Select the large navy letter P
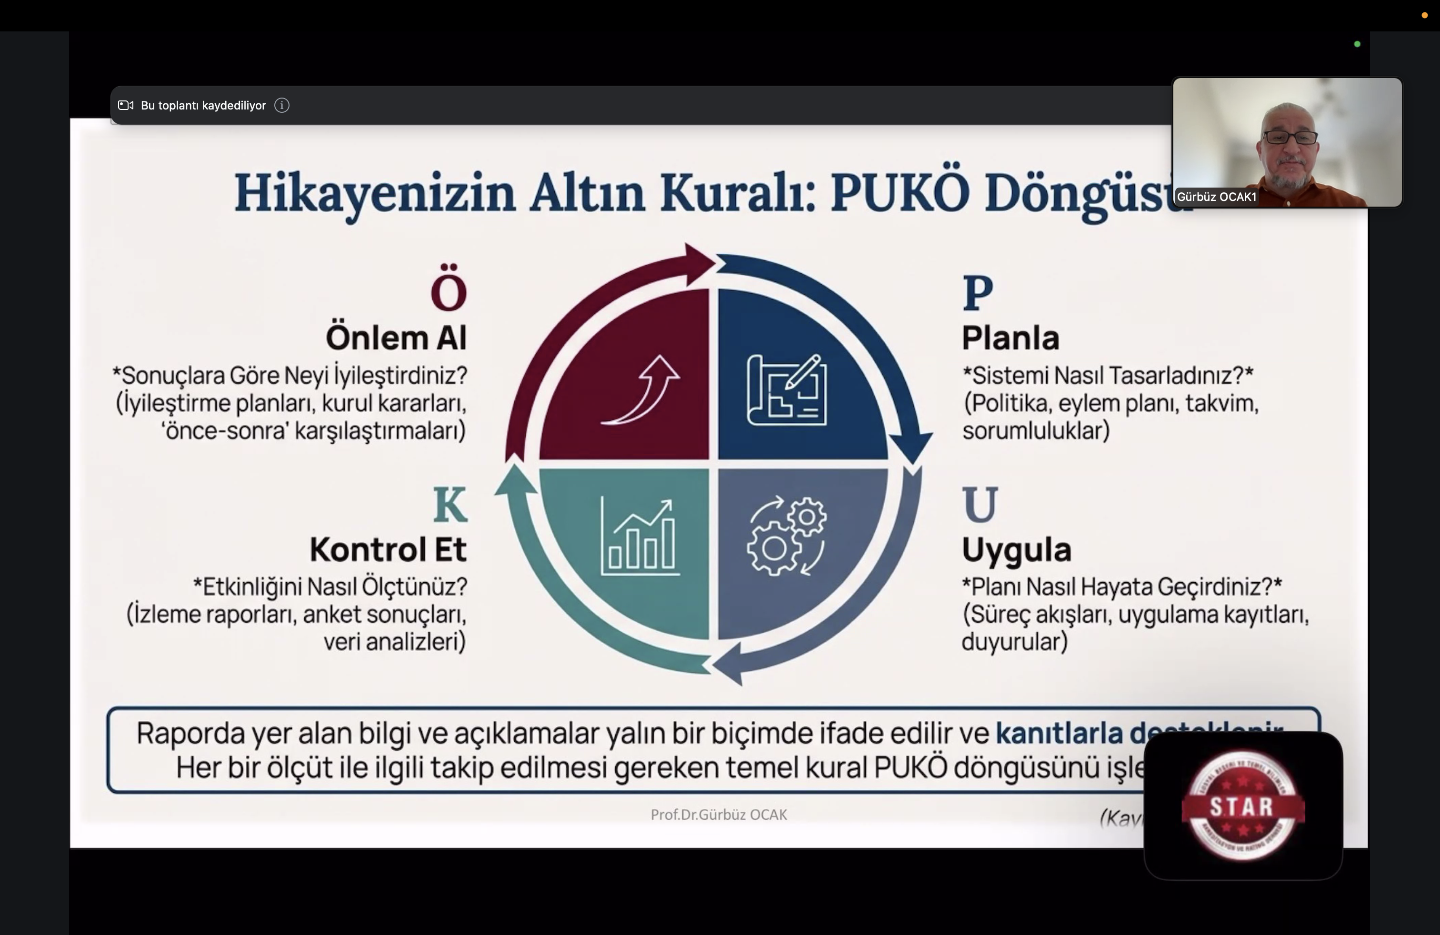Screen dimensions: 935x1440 978,293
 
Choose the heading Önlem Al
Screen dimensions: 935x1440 396,338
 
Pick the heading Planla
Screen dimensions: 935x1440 1010,338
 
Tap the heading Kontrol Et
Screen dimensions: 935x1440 388,549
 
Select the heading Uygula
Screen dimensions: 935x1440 1017,549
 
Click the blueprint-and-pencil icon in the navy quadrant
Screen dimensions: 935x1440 787,390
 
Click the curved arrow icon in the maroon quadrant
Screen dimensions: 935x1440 641,390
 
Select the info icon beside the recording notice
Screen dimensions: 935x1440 282,105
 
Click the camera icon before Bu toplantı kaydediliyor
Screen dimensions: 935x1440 126,105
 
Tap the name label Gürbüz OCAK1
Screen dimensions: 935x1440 1216,197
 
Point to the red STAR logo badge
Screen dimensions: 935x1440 1243,806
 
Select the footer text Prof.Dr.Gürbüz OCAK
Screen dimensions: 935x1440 719,815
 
